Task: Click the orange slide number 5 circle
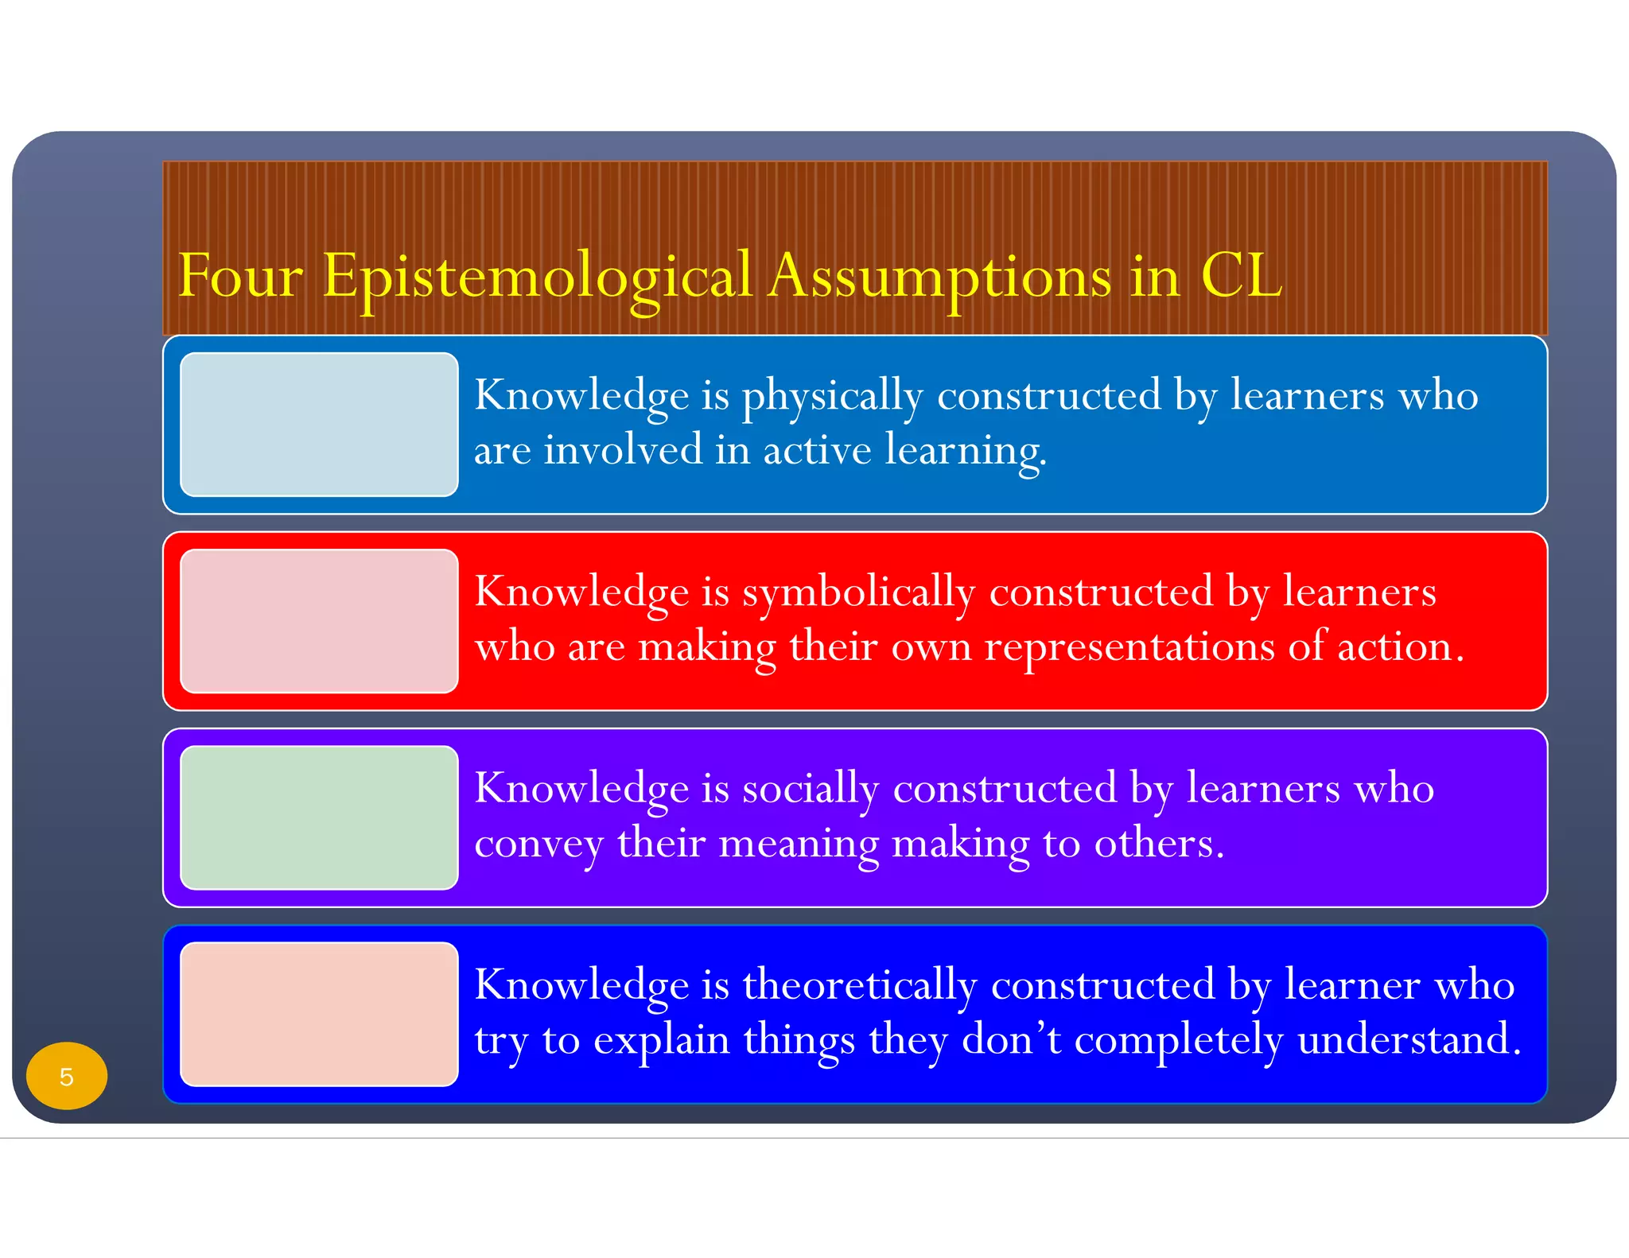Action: [67, 1076]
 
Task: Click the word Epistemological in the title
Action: [537, 277]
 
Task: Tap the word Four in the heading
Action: [240, 277]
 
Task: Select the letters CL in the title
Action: [1241, 277]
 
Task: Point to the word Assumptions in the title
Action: [939, 277]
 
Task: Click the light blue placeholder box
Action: [319, 425]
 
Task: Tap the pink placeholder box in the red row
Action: [319, 621]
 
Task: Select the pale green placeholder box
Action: [319, 817]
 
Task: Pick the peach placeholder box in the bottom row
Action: [319, 1014]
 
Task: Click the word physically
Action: [832, 396]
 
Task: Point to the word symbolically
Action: [858, 592]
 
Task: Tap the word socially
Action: [811, 789]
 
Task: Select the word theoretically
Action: [859, 985]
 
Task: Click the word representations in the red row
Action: [1129, 646]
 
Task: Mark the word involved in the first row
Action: [623, 449]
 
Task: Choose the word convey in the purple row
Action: [538, 843]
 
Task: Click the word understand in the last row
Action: [1409, 1039]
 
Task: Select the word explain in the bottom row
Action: [662, 1039]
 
